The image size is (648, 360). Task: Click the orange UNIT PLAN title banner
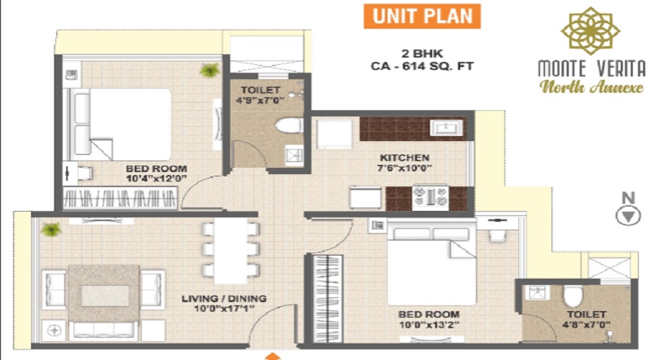(422, 16)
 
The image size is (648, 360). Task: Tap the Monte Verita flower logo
(590, 31)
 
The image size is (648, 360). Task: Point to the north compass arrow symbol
(628, 217)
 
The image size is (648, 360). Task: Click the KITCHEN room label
(405, 158)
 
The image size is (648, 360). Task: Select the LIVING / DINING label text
(224, 298)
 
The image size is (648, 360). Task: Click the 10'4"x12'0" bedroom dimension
(156, 179)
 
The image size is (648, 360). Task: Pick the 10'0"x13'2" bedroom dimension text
(428, 325)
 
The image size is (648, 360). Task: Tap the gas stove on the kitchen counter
(431, 197)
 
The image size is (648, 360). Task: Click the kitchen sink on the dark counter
(446, 127)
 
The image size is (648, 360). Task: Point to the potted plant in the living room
(51, 229)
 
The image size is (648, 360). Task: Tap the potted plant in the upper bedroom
(210, 70)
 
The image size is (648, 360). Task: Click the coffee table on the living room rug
(104, 295)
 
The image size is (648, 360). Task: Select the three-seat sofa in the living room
(103, 330)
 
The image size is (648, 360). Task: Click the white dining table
(230, 251)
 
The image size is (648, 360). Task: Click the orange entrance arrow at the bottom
(272, 356)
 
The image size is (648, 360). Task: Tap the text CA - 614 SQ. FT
(422, 66)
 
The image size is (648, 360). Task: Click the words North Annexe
(591, 87)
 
